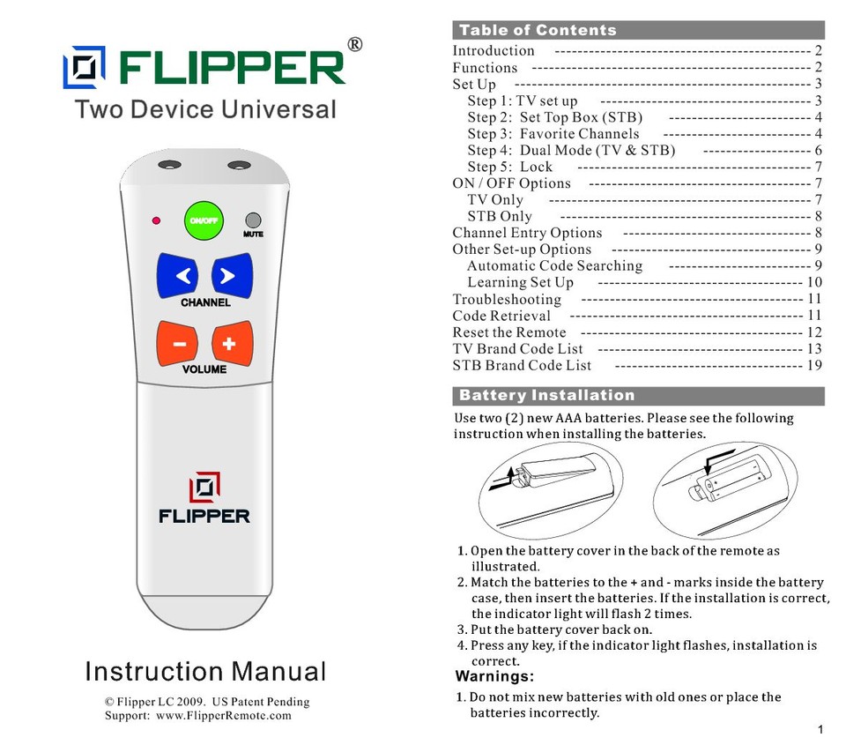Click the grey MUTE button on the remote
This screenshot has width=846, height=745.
(x=253, y=220)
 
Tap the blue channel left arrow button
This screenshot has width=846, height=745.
(x=183, y=275)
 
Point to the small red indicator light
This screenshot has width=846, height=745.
(x=156, y=220)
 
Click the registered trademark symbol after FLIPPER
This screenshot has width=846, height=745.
(x=355, y=45)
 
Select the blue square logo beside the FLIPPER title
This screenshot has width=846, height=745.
(x=84, y=67)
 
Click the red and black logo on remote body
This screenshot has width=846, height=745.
(x=204, y=488)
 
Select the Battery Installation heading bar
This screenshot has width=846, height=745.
(x=546, y=395)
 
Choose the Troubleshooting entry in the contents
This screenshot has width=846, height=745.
(x=506, y=299)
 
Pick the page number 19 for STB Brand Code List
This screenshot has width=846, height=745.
(x=814, y=365)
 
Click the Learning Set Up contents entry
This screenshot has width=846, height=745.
(x=520, y=282)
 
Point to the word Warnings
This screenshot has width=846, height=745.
(x=494, y=677)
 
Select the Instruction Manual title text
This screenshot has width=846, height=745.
(x=204, y=672)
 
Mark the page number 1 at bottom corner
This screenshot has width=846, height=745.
(x=820, y=730)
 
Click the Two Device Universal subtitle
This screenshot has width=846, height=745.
(x=204, y=110)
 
